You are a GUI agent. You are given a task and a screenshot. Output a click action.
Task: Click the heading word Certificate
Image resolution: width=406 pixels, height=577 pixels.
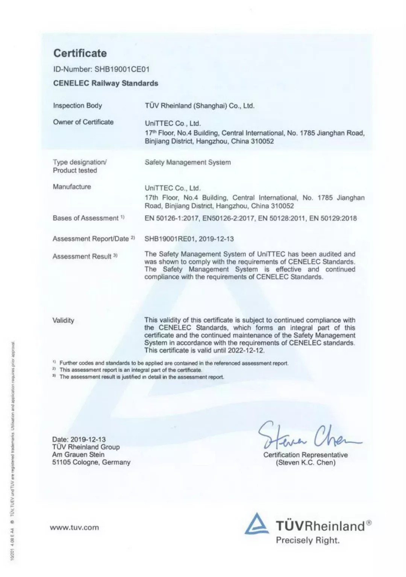click(80, 53)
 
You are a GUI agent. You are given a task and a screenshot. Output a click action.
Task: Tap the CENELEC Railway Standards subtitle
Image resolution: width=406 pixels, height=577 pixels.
click(106, 83)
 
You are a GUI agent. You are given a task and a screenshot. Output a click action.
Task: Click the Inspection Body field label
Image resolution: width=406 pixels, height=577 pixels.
click(77, 106)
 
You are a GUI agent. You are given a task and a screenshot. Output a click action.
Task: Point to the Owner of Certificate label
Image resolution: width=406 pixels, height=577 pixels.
click(83, 122)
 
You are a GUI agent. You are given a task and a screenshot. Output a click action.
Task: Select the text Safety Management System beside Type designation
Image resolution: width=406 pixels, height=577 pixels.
click(188, 162)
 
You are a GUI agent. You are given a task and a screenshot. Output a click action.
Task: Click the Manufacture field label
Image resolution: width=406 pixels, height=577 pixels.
click(72, 187)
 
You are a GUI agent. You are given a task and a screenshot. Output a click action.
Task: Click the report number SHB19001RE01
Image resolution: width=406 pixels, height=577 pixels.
click(170, 239)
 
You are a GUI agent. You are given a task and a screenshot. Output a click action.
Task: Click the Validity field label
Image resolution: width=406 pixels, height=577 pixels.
click(63, 320)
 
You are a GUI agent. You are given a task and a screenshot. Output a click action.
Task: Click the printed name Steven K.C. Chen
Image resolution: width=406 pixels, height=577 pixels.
click(306, 462)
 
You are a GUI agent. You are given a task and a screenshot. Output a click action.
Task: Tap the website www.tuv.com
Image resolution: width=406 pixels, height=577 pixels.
click(74, 527)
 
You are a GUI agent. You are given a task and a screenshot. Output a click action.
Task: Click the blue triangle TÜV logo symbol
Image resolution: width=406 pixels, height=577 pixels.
click(257, 524)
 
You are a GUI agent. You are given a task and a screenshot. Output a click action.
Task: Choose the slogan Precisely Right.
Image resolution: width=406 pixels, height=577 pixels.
click(308, 541)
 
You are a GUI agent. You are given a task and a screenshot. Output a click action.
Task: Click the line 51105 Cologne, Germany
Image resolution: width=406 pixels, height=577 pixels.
click(91, 462)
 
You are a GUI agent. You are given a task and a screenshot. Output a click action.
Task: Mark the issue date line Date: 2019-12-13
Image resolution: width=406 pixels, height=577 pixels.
click(79, 439)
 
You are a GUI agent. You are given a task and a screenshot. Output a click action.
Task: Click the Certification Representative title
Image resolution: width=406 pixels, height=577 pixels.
click(305, 455)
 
